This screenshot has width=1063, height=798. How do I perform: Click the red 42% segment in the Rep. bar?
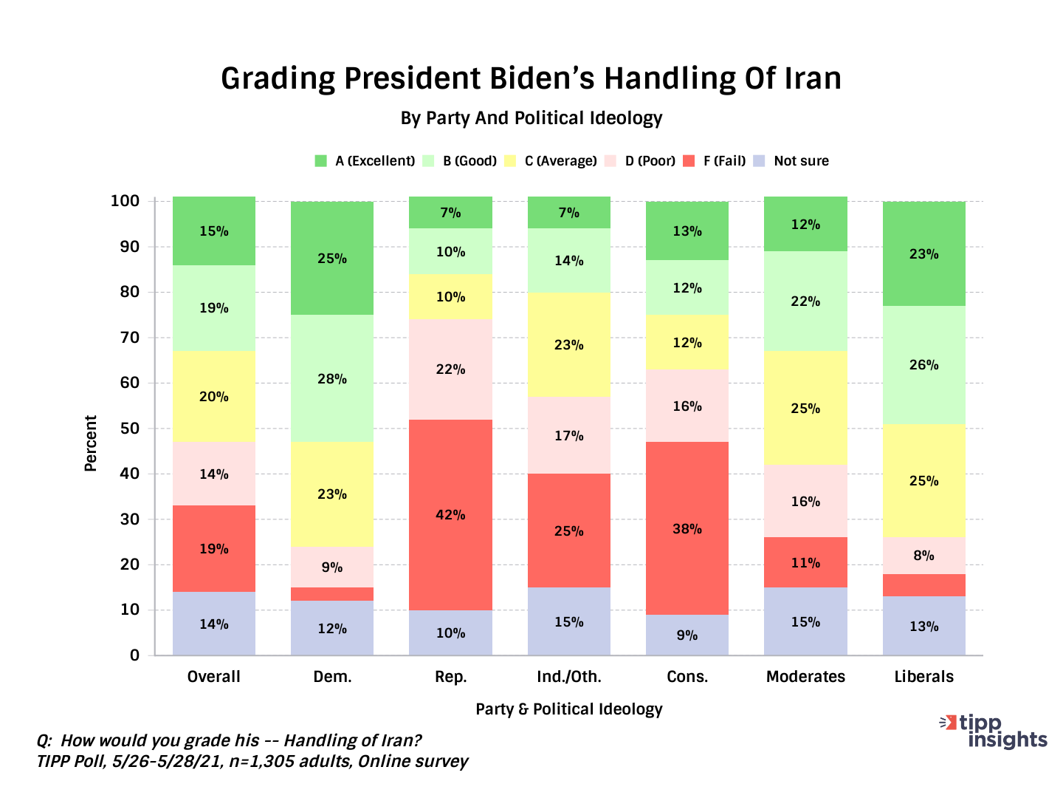[x=450, y=515]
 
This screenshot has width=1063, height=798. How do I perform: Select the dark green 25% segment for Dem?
[x=332, y=259]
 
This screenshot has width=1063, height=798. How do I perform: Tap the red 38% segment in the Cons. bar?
[x=687, y=528]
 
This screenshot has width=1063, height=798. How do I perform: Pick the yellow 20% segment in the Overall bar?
[x=214, y=396]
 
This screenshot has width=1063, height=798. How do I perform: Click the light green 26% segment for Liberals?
[x=923, y=365]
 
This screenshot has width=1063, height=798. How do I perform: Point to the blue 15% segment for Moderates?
[x=805, y=621]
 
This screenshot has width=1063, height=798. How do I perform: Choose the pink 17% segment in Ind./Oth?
[x=569, y=435]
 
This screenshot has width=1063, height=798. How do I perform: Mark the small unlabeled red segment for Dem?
[x=332, y=594]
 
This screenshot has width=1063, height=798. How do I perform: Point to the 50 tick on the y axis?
[x=129, y=429]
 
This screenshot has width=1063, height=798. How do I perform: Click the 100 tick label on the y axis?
[x=125, y=201]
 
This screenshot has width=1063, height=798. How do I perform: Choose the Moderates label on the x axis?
[x=805, y=677]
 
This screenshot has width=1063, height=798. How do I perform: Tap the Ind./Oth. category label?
[x=569, y=677]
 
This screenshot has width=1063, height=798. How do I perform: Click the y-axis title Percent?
[x=91, y=443]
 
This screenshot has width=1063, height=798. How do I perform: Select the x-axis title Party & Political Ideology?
[x=569, y=709]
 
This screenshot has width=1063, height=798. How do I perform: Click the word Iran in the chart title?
[x=812, y=78]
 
